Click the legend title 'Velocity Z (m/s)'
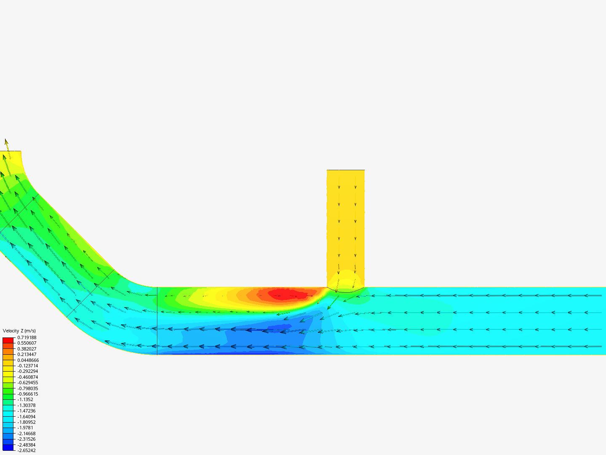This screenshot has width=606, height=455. click(19, 331)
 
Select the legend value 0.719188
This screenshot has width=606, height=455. click(27, 337)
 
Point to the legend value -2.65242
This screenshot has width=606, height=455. click(27, 450)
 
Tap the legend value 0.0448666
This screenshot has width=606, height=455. click(28, 360)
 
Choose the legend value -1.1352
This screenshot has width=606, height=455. click(25, 399)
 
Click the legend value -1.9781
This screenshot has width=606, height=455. click(25, 428)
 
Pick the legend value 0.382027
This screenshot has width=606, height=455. click(27, 349)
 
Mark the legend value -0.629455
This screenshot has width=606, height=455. click(28, 383)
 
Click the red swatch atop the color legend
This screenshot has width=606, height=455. click(8, 340)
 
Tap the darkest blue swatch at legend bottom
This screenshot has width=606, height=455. click(8, 447)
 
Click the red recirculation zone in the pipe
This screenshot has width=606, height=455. click(284, 294)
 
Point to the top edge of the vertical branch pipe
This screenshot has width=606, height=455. click(346, 170)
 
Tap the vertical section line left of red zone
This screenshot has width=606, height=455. click(157, 320)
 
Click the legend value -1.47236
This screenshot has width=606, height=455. click(27, 411)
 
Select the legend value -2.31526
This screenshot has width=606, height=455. click(27, 439)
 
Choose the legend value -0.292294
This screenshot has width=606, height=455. click(28, 371)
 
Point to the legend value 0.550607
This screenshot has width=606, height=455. click(27, 343)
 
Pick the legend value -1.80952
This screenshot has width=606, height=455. click(27, 422)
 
